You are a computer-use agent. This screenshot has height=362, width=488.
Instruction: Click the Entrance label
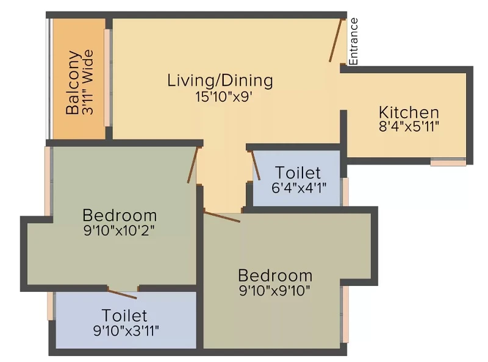click(x=354, y=41)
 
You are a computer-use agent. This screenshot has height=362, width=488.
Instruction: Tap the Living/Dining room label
click(x=220, y=80)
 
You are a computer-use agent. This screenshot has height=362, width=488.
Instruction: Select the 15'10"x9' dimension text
click(x=223, y=97)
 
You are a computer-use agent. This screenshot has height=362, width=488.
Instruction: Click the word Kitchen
click(x=409, y=112)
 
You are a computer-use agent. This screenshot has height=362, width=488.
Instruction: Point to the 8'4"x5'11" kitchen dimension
click(x=409, y=127)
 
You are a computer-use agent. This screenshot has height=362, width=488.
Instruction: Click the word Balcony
click(x=73, y=82)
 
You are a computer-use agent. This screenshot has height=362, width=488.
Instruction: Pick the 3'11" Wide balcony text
click(x=88, y=82)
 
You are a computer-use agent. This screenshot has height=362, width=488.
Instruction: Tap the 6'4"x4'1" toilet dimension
click(x=299, y=188)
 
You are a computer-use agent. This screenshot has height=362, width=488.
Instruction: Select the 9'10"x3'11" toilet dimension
click(x=126, y=330)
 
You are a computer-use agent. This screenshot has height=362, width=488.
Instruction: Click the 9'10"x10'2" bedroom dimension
click(x=119, y=231)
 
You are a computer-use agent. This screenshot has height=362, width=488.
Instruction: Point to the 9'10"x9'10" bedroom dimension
click(x=275, y=291)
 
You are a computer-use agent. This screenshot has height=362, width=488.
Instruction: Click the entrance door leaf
click(x=337, y=40)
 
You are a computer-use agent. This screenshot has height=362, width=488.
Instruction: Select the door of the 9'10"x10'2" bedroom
click(x=193, y=165)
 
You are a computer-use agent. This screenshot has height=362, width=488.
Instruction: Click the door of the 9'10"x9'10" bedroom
click(x=222, y=217)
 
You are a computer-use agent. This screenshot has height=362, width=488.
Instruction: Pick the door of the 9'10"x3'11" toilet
click(x=123, y=293)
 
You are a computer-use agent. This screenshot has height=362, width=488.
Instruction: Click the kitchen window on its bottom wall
click(x=448, y=161)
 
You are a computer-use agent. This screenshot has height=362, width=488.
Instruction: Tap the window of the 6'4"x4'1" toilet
click(x=345, y=191)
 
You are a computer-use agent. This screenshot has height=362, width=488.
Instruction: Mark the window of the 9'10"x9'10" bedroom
click(x=345, y=314)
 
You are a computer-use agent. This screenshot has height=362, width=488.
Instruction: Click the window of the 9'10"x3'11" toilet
click(x=51, y=306)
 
